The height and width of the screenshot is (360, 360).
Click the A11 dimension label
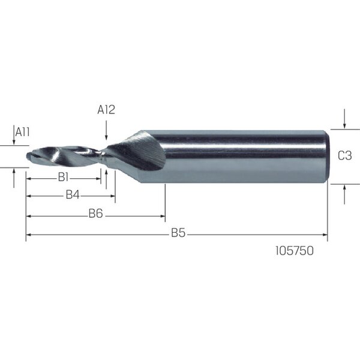click(x=23, y=132)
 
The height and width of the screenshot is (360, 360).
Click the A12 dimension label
click(x=106, y=110)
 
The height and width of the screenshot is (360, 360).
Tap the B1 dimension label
click(x=63, y=177)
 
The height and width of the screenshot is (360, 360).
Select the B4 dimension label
click(x=73, y=195)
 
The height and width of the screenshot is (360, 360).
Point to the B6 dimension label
click(x=96, y=214)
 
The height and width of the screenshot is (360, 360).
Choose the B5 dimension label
click(x=178, y=233)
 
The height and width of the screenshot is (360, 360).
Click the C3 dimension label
click(x=344, y=155)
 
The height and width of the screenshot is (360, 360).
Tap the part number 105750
click(x=295, y=251)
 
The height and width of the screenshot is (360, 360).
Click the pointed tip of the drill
click(x=27, y=156)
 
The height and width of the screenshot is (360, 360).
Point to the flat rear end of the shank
click(x=328, y=157)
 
